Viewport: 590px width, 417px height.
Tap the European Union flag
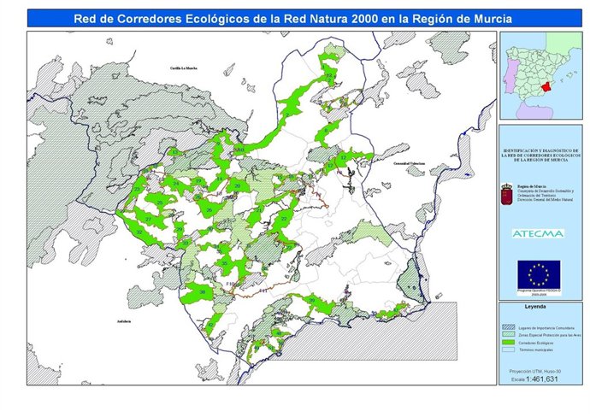click(x=539, y=273)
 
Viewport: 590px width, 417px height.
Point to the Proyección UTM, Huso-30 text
click(x=539, y=371)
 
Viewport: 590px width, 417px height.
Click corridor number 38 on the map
click(x=203, y=292)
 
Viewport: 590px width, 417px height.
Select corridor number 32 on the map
click(x=139, y=232)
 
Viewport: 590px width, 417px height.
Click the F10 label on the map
click(x=228, y=284)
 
